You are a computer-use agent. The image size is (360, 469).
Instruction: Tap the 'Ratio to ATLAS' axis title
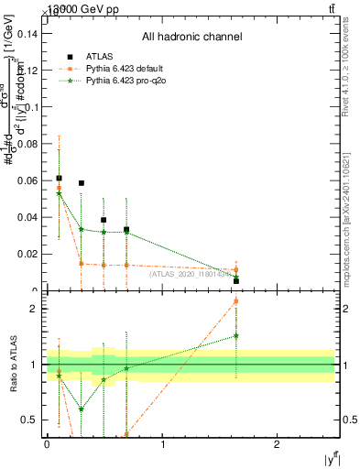tap(12, 364)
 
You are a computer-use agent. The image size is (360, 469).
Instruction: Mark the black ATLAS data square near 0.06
tap(60, 179)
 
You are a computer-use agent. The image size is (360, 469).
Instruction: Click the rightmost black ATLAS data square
tap(236, 280)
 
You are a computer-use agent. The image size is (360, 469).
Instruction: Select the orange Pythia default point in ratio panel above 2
tap(236, 300)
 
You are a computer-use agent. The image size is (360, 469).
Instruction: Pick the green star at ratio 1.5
tap(236, 336)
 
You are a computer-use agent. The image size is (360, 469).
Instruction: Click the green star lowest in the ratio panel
tap(82, 409)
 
